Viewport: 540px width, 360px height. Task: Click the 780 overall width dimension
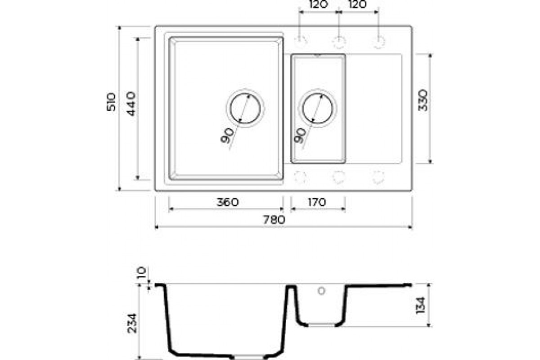click(x=274, y=220)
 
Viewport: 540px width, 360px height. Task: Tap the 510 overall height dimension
click(x=111, y=102)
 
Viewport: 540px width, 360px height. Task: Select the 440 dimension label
click(x=131, y=103)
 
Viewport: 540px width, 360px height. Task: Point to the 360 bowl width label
click(x=228, y=202)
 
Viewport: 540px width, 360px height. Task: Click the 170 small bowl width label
click(x=317, y=202)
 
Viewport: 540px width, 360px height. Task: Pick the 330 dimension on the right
click(x=423, y=100)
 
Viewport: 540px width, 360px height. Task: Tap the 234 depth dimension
click(x=132, y=324)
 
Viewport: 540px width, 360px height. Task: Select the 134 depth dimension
click(x=421, y=306)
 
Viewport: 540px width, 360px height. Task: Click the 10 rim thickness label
click(x=141, y=272)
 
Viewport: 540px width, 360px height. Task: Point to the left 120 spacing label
click(x=319, y=4)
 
